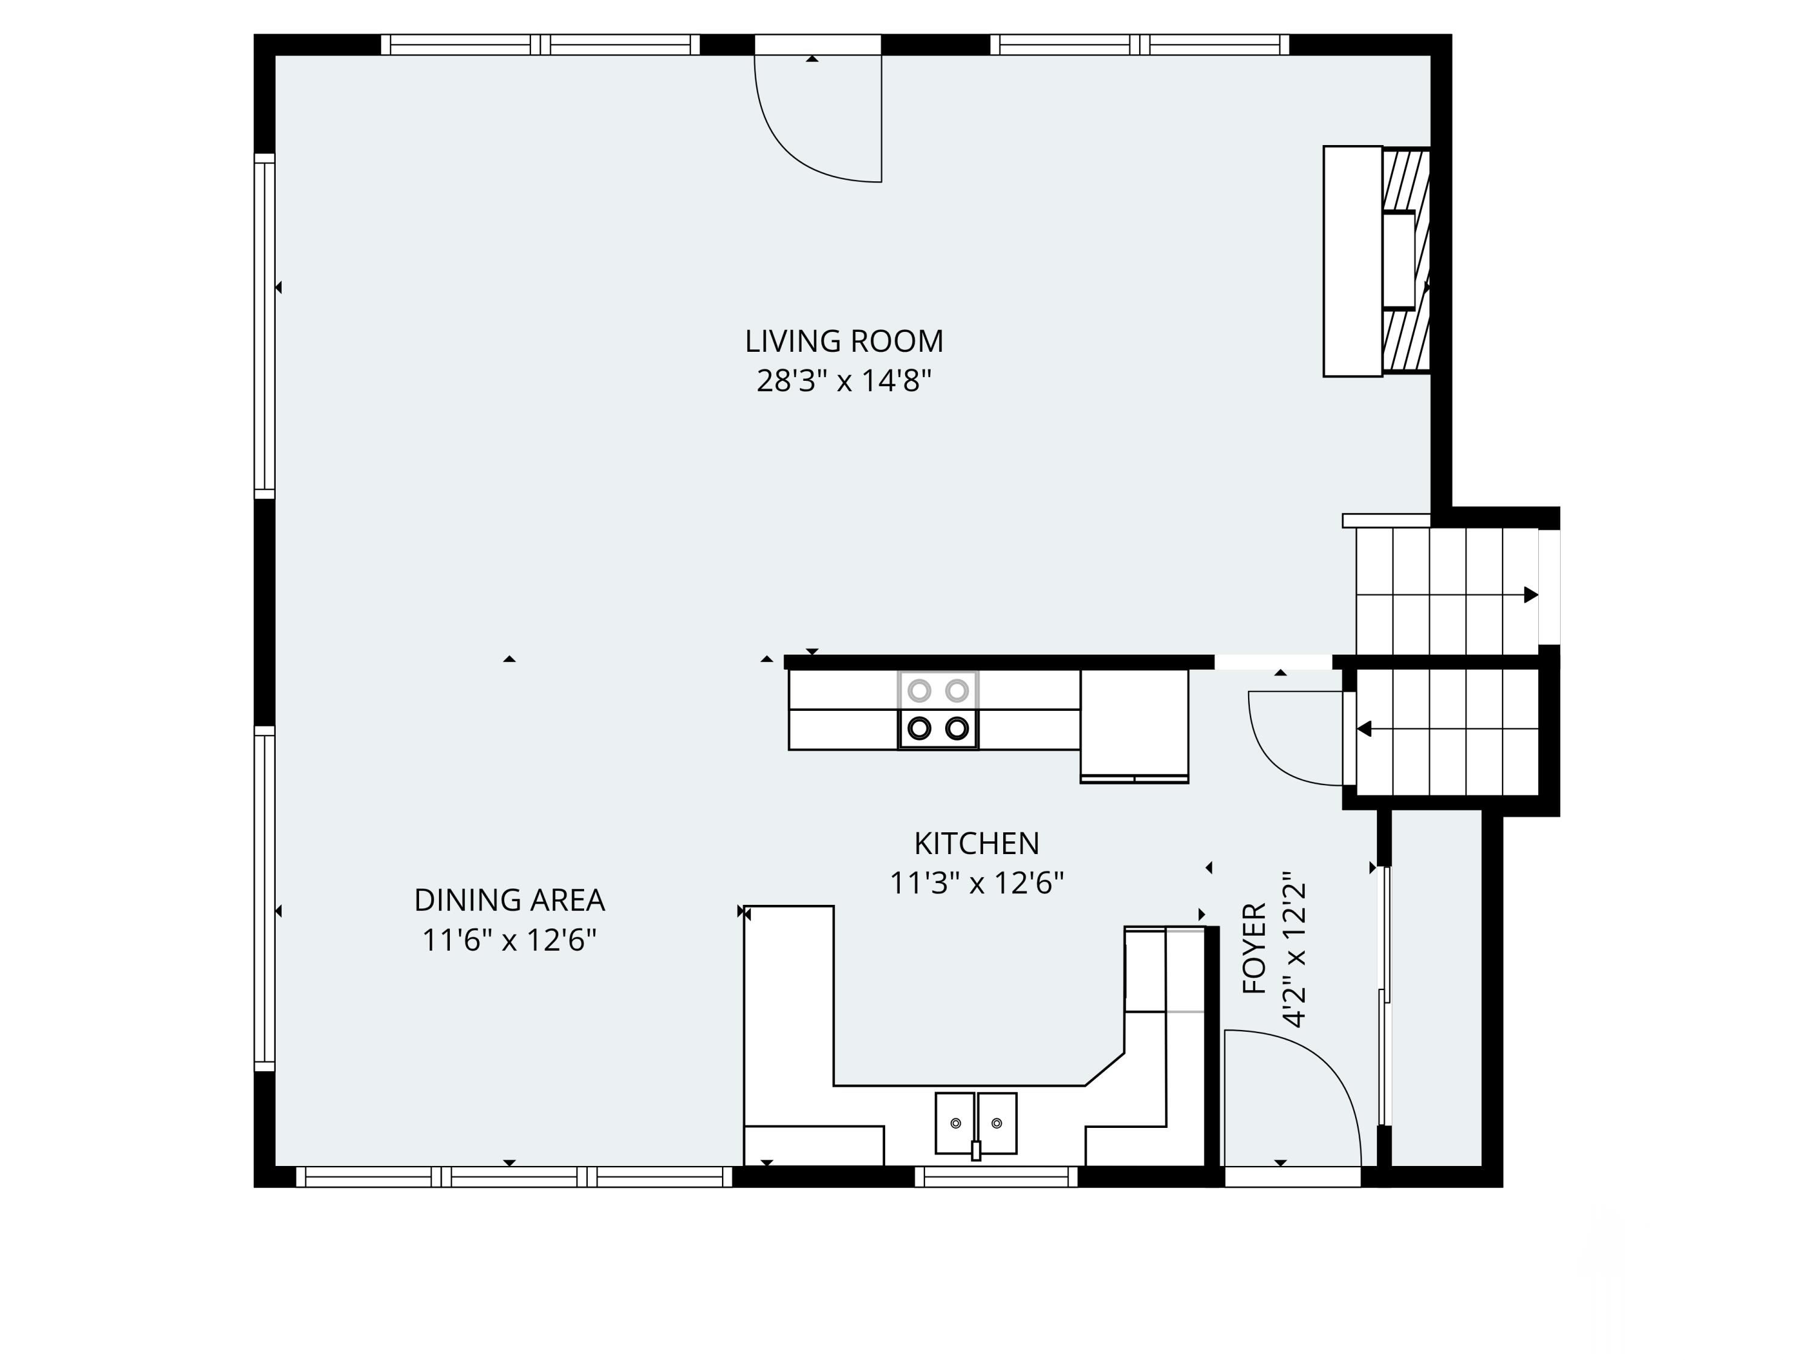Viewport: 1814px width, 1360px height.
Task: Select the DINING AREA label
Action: coord(509,900)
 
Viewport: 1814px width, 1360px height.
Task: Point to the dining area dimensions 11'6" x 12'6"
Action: coord(509,941)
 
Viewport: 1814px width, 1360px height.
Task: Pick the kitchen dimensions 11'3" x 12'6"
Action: coord(976,884)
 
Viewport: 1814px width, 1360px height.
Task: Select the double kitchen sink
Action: coord(976,1122)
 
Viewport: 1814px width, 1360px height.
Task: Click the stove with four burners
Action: coord(938,710)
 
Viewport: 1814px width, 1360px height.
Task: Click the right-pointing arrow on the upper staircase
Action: coord(1530,595)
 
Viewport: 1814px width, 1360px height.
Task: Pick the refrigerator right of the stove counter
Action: coord(1134,724)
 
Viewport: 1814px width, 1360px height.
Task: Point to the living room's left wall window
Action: coord(264,326)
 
